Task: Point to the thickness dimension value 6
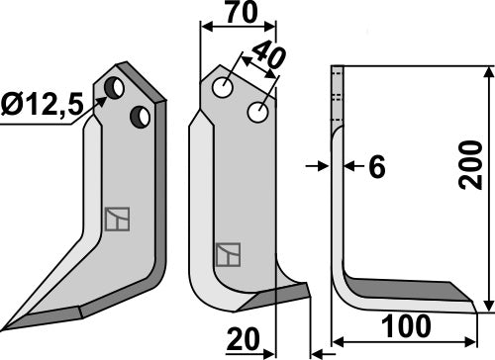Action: pyautogui.click(x=375, y=168)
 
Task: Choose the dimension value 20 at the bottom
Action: pyautogui.click(x=244, y=339)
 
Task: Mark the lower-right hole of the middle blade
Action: pyautogui.click(x=258, y=113)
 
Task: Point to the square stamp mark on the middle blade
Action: pyautogui.click(x=229, y=254)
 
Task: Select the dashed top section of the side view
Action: pyautogui.click(x=336, y=94)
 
